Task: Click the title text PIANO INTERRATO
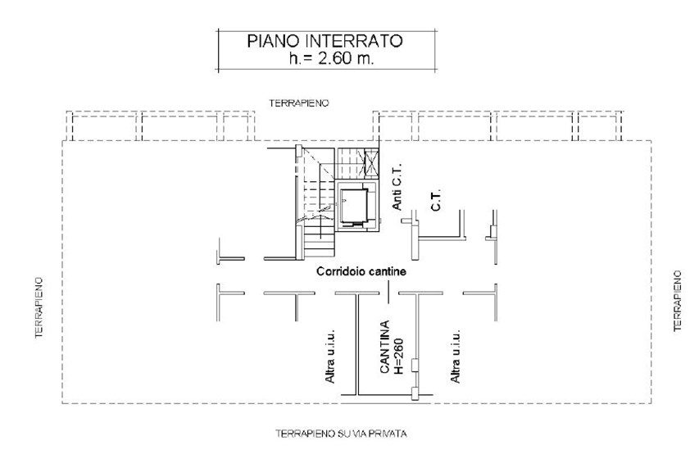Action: point(325,41)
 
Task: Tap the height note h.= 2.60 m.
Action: point(331,58)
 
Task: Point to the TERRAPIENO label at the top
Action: point(299,103)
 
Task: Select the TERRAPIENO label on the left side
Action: point(39,307)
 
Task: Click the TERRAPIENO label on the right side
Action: point(678,301)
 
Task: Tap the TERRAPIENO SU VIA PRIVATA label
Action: point(341,434)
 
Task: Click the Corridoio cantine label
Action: point(361,271)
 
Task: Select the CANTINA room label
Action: point(384,347)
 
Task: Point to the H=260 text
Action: point(398,356)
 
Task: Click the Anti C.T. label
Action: point(397,186)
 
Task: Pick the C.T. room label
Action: point(436,199)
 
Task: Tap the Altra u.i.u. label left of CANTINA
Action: point(330,356)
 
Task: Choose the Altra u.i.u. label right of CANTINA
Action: point(455,356)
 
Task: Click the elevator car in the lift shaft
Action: point(354,205)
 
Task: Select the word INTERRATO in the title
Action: point(354,41)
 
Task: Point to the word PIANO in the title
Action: point(274,41)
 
